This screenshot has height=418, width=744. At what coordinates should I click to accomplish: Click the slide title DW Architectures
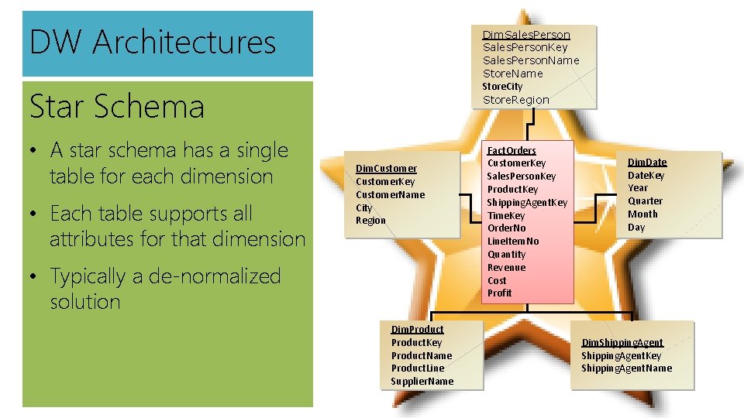153,42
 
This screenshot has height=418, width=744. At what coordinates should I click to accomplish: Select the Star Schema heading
117,107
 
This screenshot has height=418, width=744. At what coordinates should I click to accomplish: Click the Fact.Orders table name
511,149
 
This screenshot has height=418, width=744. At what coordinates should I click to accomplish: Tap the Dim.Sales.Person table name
526,34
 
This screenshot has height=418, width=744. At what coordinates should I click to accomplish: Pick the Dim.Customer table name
386,168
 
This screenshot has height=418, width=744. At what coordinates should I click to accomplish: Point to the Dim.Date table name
647,162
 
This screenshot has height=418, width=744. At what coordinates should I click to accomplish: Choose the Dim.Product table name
417,329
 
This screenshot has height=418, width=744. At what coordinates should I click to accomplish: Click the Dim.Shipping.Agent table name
622,342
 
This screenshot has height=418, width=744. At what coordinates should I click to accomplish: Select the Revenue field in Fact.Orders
506,267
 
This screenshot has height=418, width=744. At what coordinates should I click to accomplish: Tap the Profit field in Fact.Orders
500,293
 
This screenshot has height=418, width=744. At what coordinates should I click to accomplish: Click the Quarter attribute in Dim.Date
646,200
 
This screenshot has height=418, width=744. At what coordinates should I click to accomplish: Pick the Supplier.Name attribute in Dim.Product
422,381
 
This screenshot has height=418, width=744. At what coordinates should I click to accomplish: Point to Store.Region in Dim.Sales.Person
516,99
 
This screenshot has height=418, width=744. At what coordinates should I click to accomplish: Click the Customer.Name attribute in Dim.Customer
390,194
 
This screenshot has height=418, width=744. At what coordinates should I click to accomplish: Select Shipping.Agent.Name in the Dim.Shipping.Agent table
627,368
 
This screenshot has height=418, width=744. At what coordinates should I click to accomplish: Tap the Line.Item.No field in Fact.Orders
513,241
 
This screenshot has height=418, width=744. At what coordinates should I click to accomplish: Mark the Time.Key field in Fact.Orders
506,215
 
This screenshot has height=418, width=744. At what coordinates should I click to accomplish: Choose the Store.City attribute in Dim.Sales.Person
502,86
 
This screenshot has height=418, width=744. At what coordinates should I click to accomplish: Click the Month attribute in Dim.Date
642,214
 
